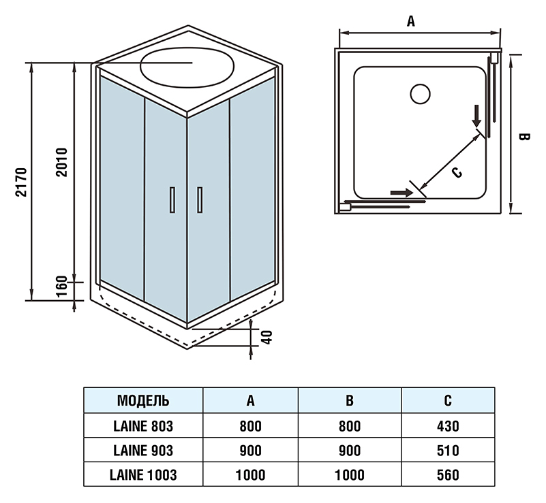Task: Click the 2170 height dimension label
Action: (x=20, y=182)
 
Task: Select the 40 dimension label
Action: (x=268, y=336)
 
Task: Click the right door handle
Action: (x=199, y=200)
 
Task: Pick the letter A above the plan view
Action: (x=410, y=22)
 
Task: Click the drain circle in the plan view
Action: (x=421, y=94)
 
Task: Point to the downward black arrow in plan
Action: (x=477, y=114)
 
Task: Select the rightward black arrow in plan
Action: (x=401, y=193)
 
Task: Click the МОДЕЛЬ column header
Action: (x=143, y=400)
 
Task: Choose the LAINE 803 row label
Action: (x=143, y=426)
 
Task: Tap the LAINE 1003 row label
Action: (x=143, y=475)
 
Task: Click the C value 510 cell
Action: (x=447, y=451)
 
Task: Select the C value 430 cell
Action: (x=447, y=426)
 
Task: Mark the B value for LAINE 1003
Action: (x=349, y=475)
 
